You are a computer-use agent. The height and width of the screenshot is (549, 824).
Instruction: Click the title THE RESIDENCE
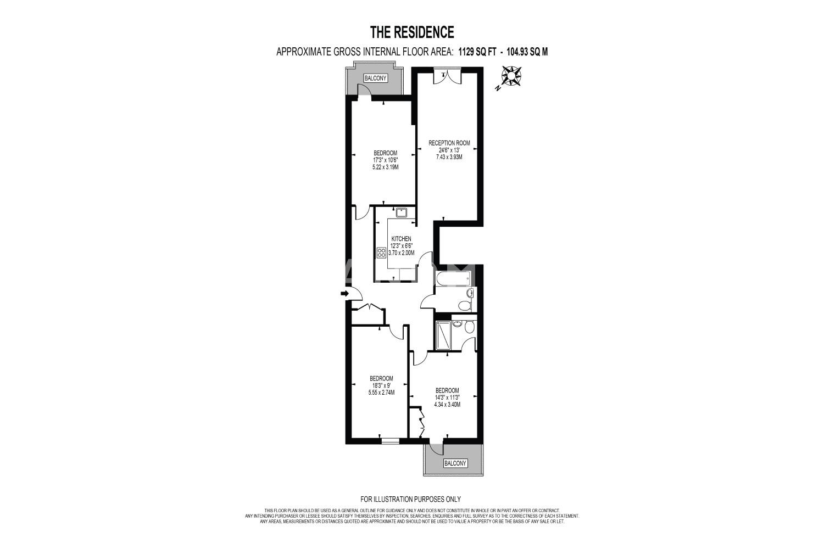[x=411, y=32]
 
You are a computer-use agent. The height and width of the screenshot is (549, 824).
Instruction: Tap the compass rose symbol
[x=511, y=76]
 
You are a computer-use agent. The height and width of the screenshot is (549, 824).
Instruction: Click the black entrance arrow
[x=344, y=293]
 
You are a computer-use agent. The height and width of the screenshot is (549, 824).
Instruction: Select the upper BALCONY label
[x=375, y=78]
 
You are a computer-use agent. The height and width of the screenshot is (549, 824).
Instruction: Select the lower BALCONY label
[x=455, y=463]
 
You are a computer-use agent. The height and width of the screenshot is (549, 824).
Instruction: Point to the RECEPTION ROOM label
[x=449, y=143]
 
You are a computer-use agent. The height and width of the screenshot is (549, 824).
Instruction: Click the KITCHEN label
[x=402, y=239]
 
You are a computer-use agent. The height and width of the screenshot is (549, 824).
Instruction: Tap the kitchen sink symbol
[x=401, y=212]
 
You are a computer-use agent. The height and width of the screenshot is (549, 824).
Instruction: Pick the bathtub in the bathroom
[x=453, y=279]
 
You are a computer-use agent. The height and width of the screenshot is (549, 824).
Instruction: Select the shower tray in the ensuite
[x=443, y=335]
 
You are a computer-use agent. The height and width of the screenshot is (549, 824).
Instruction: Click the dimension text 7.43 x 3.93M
[x=449, y=157]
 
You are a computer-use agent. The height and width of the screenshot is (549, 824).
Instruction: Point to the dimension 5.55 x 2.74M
[x=381, y=393]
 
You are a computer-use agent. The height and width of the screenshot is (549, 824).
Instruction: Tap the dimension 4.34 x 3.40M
[x=447, y=405]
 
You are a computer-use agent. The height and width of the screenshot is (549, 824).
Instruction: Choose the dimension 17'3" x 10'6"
[x=386, y=160]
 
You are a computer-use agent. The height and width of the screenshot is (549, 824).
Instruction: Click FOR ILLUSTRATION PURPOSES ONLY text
[x=410, y=499]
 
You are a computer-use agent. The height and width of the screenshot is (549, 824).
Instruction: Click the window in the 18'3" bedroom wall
[x=390, y=441]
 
